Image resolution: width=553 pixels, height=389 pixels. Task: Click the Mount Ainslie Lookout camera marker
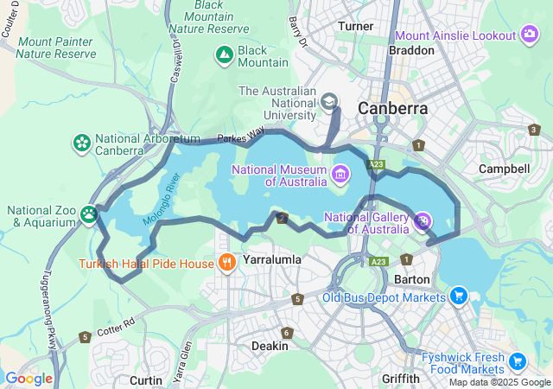click(x=530, y=35)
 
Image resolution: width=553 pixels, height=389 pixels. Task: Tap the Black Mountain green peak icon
click(x=224, y=56)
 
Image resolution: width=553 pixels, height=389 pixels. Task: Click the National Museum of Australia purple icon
click(x=340, y=175)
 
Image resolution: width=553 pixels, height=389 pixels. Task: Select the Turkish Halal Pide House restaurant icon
click(x=227, y=263)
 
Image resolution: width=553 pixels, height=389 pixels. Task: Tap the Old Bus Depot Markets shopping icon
click(x=459, y=297)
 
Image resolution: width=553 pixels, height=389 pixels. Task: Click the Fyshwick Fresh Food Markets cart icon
click(x=518, y=361)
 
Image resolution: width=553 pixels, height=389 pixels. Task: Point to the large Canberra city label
click(x=392, y=109)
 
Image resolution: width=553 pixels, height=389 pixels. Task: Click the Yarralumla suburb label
click(x=271, y=258)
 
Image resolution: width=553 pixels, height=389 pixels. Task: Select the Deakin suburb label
click(x=270, y=346)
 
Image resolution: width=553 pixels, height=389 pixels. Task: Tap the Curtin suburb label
click(x=145, y=379)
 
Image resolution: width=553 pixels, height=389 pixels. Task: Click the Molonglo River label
click(x=161, y=199)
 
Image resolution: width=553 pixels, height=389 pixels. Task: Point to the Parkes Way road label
click(x=241, y=137)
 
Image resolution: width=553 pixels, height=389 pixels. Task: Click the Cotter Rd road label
click(x=117, y=325)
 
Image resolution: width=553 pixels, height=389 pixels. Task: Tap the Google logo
click(x=29, y=379)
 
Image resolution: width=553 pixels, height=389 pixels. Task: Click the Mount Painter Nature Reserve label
click(x=56, y=48)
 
